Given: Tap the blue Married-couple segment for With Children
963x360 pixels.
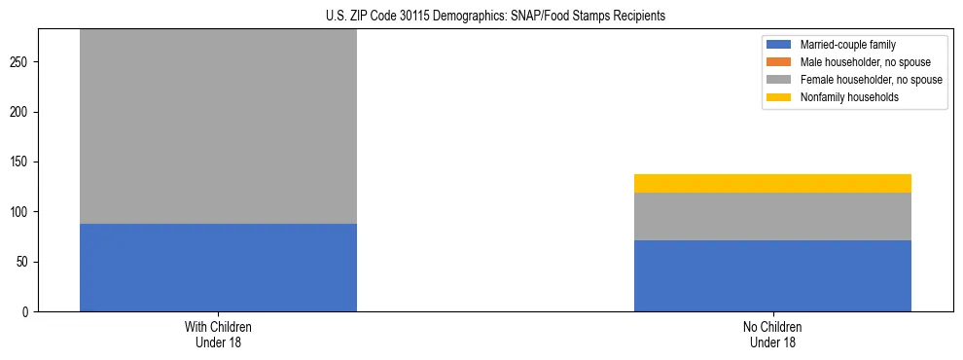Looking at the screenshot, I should pyautogui.click(x=218, y=268).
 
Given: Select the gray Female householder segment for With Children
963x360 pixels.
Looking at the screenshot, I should pyautogui.click(x=218, y=126).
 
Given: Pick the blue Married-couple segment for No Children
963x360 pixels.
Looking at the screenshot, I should pyautogui.click(x=772, y=275).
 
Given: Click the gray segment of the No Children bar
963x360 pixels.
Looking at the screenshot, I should pyautogui.click(x=772, y=216).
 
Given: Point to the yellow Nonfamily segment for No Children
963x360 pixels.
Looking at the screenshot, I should pyautogui.click(x=772, y=183).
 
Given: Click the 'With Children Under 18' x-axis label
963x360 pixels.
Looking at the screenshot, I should pyautogui.click(x=218, y=334).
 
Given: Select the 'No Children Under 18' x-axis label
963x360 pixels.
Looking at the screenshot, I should pyautogui.click(x=772, y=334).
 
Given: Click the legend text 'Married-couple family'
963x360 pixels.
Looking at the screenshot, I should pyautogui.click(x=845, y=45).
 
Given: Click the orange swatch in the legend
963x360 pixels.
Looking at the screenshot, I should pyautogui.click(x=779, y=62).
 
